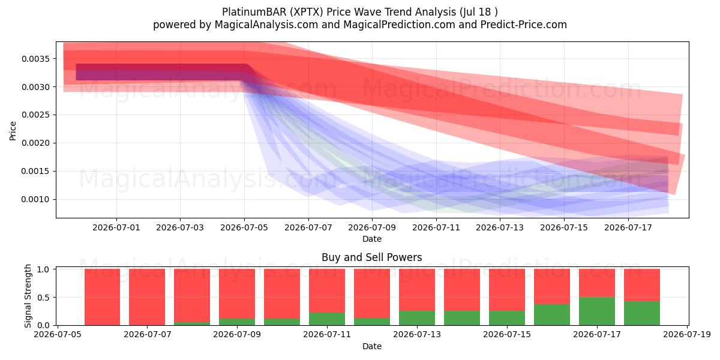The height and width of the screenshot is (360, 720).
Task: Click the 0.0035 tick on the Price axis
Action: click(x=35, y=59)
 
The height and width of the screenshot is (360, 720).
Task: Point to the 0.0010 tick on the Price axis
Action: click(x=35, y=200)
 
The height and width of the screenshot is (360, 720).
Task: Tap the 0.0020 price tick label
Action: click(x=35, y=143)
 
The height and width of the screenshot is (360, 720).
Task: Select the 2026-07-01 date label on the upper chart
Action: click(x=116, y=228)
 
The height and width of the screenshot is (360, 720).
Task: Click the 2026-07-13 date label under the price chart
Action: click(x=500, y=228)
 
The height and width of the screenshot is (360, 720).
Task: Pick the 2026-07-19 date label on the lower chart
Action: click(x=687, y=335)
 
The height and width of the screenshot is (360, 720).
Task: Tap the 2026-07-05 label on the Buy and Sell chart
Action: click(x=58, y=335)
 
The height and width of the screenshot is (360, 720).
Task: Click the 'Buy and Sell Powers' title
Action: click(x=372, y=257)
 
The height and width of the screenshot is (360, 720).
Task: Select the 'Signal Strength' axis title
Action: click(x=28, y=296)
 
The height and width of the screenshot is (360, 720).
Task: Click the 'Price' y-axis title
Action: click(x=13, y=131)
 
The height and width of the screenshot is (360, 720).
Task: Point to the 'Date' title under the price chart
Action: click(x=372, y=239)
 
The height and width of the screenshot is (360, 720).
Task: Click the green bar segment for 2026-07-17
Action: click(x=597, y=311)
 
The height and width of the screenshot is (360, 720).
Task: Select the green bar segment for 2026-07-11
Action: click(x=327, y=319)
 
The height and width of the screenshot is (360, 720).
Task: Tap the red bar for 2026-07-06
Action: click(x=102, y=297)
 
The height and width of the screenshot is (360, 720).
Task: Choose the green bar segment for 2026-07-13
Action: click(x=417, y=318)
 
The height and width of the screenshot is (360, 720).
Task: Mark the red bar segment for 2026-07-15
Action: click(x=507, y=290)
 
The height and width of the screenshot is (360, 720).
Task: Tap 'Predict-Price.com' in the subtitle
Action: click(x=524, y=25)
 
